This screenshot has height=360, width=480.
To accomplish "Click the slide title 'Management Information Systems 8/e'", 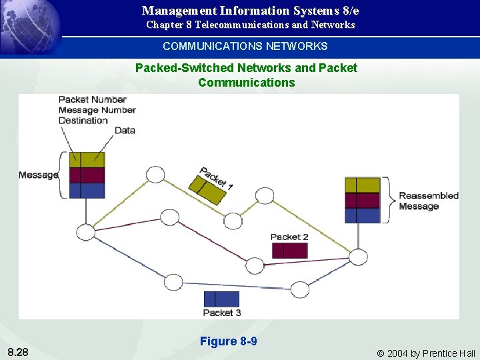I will point(250,11).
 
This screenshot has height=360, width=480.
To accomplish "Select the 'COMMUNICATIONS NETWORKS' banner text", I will point(245,46).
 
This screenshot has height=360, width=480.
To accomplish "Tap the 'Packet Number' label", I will point(93,99).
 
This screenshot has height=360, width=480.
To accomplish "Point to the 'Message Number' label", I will point(97,110).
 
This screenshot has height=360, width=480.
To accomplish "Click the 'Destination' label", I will point(83,121).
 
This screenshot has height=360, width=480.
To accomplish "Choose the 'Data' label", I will point(125,131).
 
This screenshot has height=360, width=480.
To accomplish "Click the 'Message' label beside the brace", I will point(38,175).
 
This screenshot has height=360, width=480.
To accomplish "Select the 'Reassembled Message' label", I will point(428,201).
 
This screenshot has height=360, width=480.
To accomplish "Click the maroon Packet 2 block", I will point(290,251).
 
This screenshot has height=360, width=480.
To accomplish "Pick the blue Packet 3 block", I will point(221,299).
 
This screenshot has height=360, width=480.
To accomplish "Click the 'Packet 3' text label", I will point(222,313).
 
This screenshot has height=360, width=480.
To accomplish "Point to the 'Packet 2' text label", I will point(289,237).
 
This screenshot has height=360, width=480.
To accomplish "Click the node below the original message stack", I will point(86,233).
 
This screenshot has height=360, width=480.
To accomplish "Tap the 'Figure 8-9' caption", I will point(228,341).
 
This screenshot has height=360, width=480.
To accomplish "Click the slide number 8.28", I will point(18,352).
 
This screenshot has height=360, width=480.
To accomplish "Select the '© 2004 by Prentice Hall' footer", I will point(426,353).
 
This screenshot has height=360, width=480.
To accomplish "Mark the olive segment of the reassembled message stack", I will point(362,185).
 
